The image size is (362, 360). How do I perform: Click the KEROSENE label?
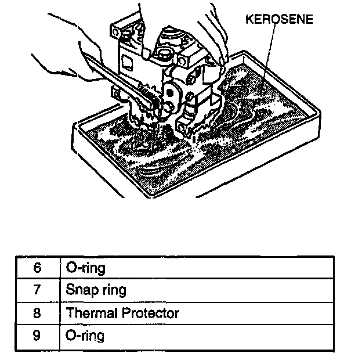[280, 19]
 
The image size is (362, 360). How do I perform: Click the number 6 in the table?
[37, 268]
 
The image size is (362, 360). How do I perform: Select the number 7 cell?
[37, 290]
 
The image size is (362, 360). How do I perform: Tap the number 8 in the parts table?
[37, 313]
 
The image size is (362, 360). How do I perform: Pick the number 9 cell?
[37, 336]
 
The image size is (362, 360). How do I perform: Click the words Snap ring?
[96, 290]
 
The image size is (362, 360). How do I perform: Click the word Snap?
[81, 290]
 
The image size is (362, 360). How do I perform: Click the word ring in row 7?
[112, 290]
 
